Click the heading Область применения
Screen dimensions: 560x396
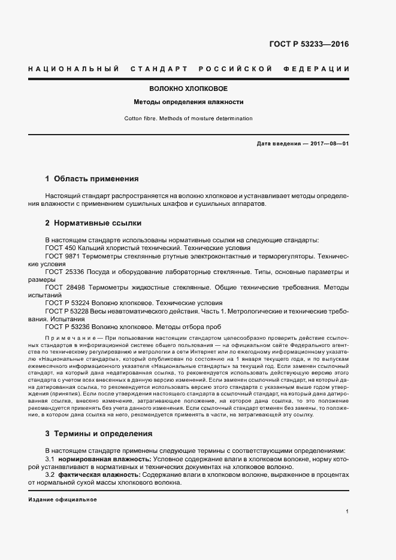(96, 178)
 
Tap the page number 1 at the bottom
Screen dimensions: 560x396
(347, 512)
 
